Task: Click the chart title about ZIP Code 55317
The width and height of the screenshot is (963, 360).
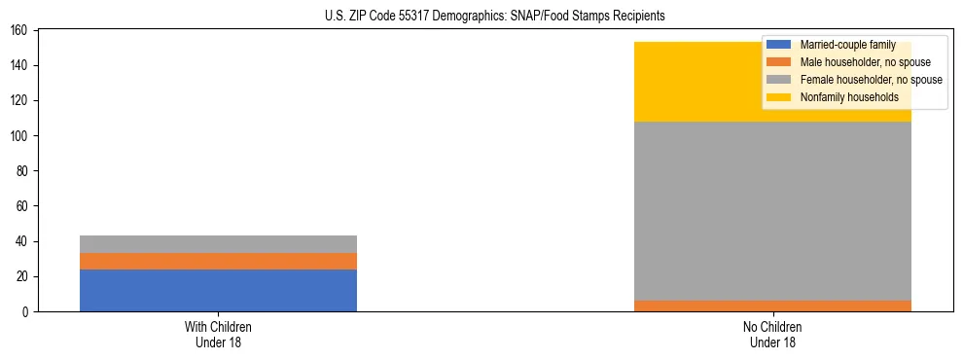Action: [x=495, y=16]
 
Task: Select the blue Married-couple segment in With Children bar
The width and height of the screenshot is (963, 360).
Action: [x=218, y=290]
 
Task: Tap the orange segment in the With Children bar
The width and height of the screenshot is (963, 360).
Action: [x=218, y=261]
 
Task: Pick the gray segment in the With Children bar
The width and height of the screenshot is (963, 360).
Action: [x=218, y=244]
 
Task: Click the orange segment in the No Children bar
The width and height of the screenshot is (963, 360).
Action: [x=772, y=306]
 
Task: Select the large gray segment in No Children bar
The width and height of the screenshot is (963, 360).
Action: [x=772, y=210]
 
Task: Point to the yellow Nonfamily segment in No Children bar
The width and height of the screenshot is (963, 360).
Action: [x=681, y=82]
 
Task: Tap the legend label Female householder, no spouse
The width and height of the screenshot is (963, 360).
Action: [x=871, y=80]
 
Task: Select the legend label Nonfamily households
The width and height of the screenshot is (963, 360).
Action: [x=849, y=97]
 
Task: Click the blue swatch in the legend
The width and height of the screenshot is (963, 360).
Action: [x=779, y=45]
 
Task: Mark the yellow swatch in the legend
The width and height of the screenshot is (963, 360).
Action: [x=779, y=97]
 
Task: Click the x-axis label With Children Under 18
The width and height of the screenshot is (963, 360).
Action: [x=218, y=334]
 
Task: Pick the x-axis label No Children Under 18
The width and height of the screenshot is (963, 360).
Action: [x=772, y=334]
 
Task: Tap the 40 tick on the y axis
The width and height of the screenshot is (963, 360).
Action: [x=20, y=241]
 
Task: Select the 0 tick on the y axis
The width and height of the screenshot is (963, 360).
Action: [x=23, y=312]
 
